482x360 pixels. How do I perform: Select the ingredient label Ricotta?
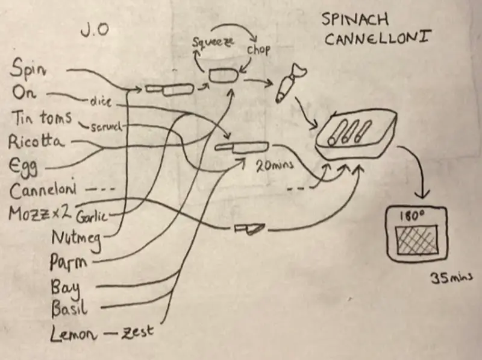click(x=37, y=142)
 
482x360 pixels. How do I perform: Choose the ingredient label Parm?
click(x=68, y=262)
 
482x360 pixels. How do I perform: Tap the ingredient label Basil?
click(x=70, y=308)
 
